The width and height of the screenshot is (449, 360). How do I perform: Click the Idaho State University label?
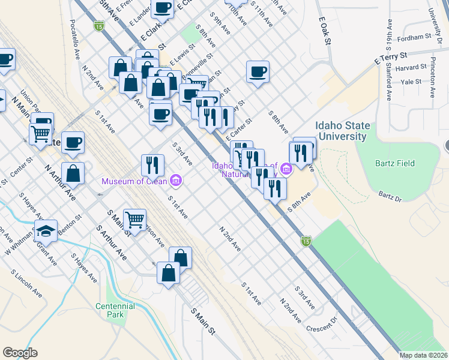340,131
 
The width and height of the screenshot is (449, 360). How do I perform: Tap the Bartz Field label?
395,163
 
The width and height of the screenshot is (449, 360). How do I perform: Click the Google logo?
20,353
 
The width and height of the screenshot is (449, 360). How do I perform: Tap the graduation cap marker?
46,230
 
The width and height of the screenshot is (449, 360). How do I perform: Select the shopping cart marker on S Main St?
135,219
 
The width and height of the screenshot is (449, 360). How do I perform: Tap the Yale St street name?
411,82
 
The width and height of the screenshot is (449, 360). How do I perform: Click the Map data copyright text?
424,355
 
